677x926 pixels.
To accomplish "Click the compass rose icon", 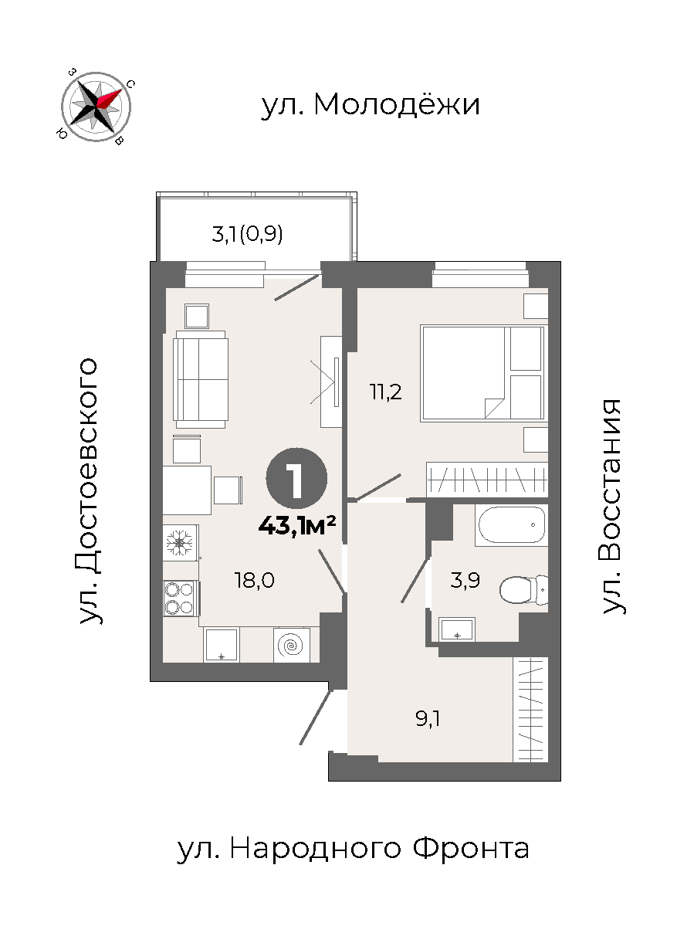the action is [96, 107].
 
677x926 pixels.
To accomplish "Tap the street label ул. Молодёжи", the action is [371, 105].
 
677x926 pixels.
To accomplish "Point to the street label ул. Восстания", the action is [611, 507].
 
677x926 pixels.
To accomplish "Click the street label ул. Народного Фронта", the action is [353, 850].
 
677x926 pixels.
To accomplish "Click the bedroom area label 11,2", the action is [386, 392].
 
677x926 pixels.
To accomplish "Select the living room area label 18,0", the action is [255, 581].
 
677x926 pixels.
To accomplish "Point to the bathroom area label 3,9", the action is [465, 581].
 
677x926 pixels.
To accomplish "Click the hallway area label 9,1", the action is [428, 719].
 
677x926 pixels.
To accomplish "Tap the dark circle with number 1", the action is [296, 478].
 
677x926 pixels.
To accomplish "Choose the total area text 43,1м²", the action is [297, 525].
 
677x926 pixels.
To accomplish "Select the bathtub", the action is [511, 524].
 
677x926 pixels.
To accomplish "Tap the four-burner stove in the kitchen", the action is [180, 599].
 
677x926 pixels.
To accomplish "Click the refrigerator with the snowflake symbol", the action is [180, 542].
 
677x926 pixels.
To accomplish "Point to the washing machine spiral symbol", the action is [291, 645].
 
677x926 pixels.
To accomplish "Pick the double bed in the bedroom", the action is [482, 373].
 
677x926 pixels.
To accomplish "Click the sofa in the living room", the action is [201, 379].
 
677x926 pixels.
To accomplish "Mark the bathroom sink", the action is [457, 629].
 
